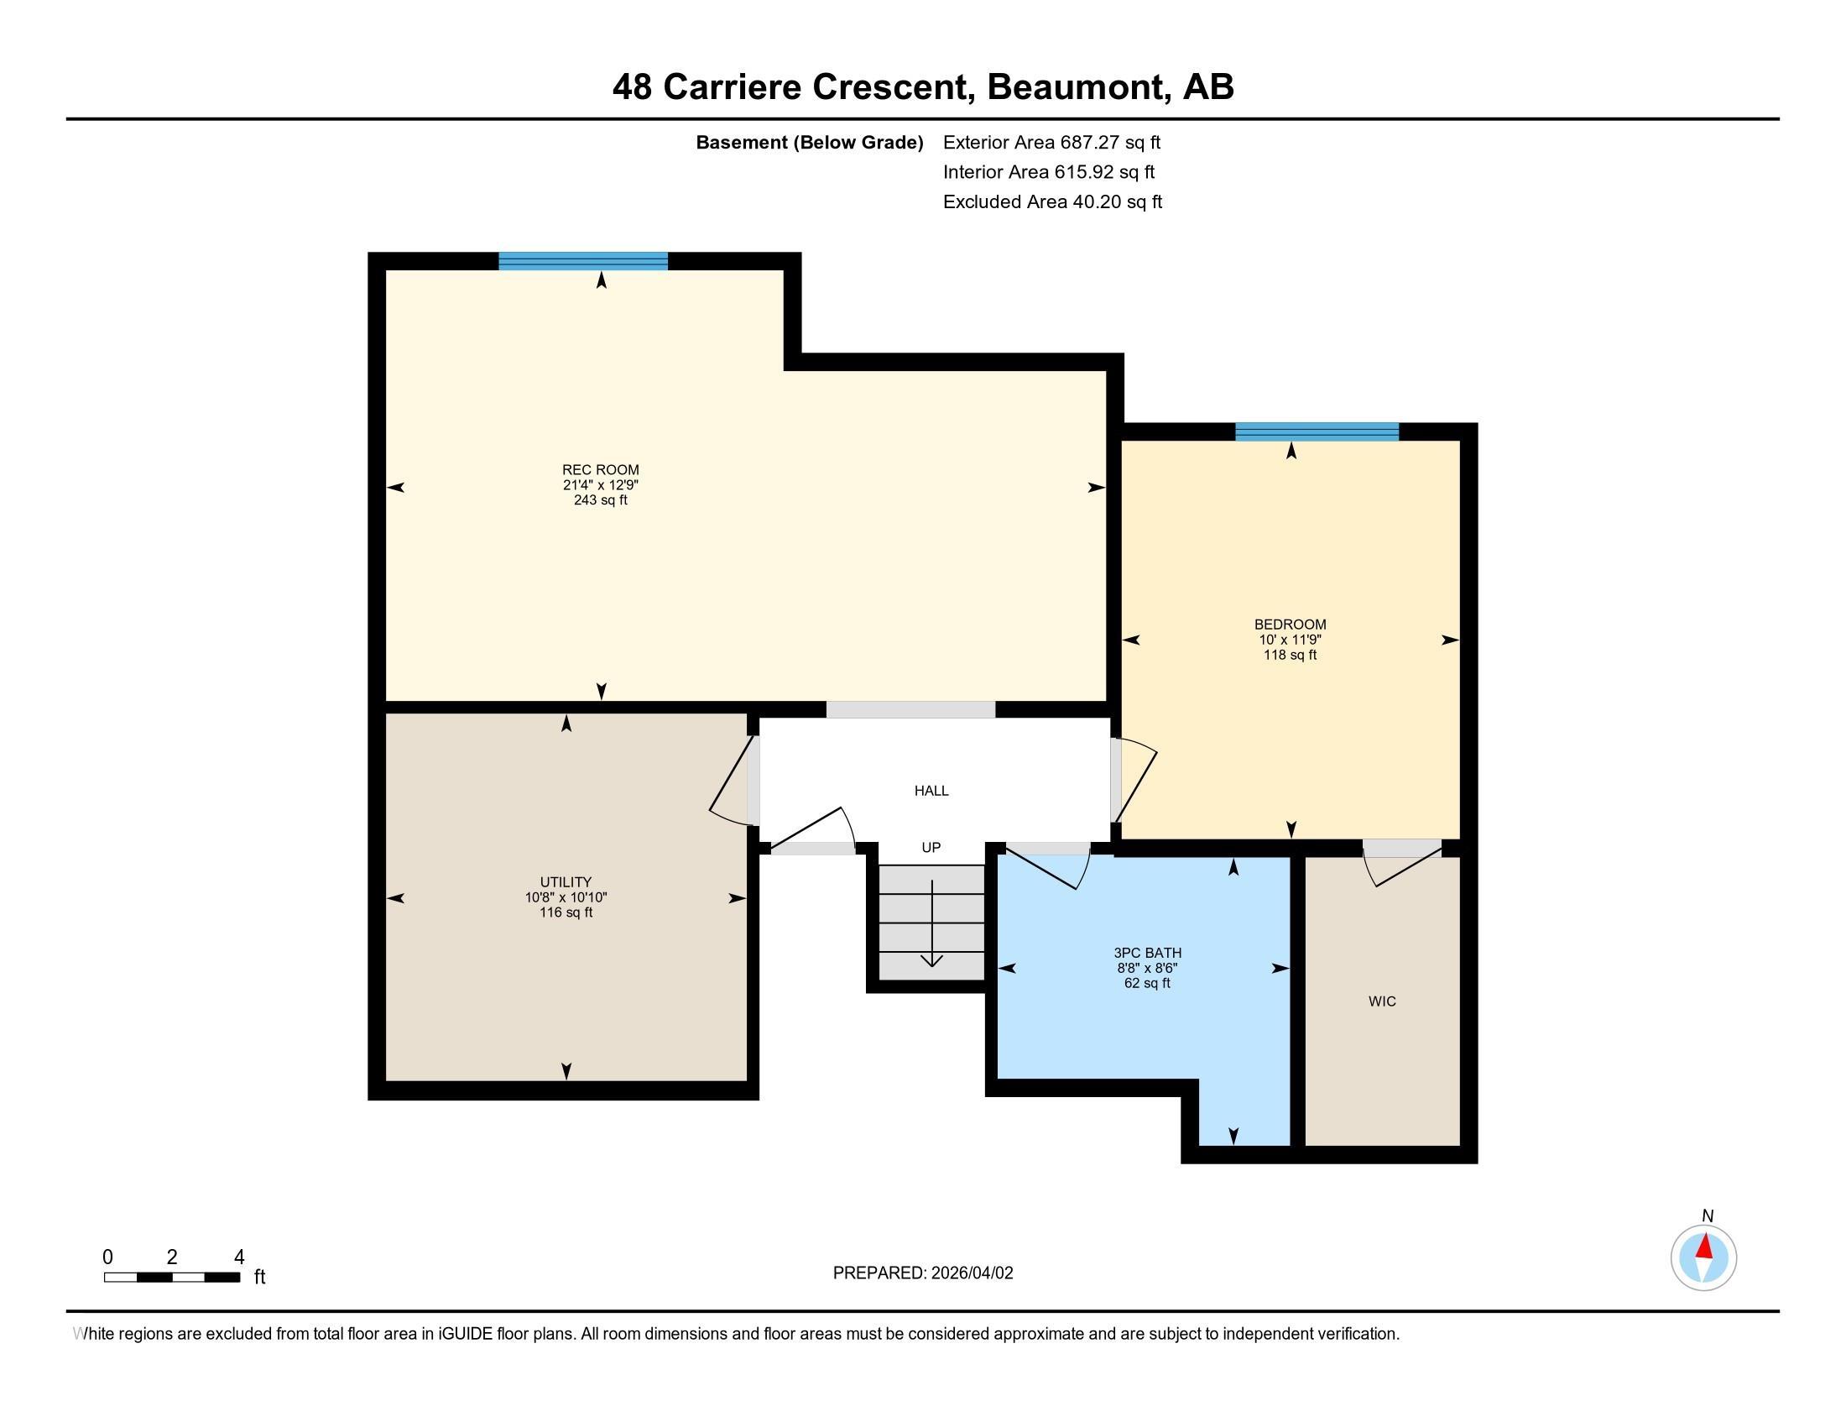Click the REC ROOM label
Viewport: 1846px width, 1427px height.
click(600, 470)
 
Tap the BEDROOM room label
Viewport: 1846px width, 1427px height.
click(1290, 625)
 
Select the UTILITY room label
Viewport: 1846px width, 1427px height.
click(566, 881)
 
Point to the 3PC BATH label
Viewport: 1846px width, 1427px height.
click(1147, 953)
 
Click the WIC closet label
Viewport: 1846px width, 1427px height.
click(1382, 1001)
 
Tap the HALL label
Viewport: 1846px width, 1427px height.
click(931, 791)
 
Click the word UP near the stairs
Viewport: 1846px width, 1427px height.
click(931, 847)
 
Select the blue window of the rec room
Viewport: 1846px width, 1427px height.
click(583, 261)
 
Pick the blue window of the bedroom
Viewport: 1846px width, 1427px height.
click(1317, 432)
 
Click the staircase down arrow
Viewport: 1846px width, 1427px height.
click(931, 923)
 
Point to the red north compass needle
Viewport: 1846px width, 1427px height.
click(1705, 1247)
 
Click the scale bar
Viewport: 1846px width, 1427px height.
click(172, 1278)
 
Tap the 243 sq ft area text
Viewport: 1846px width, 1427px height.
click(600, 500)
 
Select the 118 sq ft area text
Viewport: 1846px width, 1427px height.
click(1290, 656)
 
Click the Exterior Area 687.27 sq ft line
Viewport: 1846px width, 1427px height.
click(1051, 142)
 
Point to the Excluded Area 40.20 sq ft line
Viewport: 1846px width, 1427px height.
click(1052, 201)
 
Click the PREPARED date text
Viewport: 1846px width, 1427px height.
click(923, 1273)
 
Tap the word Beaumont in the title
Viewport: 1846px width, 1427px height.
click(1078, 86)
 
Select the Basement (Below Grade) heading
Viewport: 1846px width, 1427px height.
click(809, 142)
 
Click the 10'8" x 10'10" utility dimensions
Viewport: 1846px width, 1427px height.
click(566, 897)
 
